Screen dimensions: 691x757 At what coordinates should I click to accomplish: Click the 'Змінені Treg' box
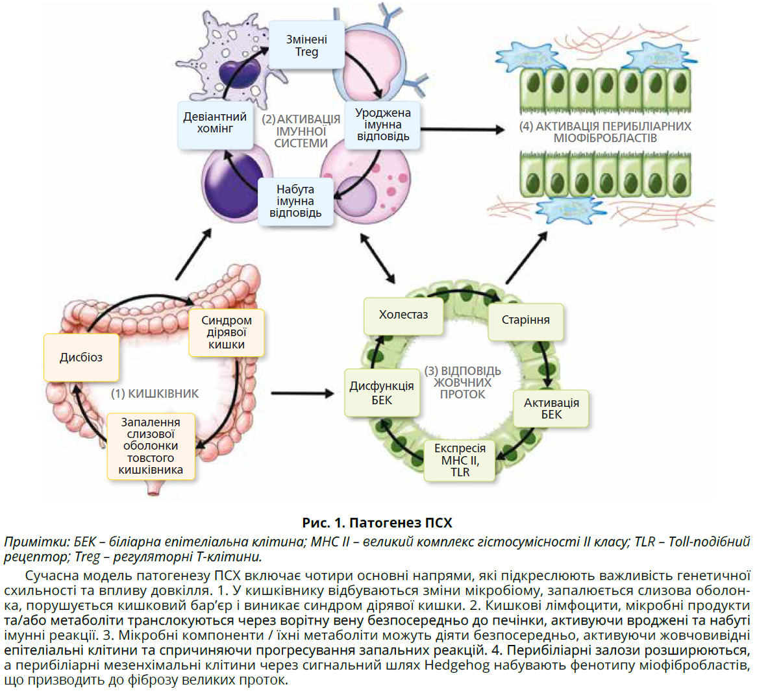point(306,45)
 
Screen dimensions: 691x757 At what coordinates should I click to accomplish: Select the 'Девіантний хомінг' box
point(215,123)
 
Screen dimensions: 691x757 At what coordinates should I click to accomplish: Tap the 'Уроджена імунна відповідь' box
point(382,124)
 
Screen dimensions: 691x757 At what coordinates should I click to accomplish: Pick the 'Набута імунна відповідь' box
point(295,201)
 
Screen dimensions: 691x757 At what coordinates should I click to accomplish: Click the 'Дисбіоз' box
point(81,358)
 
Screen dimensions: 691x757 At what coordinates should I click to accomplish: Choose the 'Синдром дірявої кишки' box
point(227,333)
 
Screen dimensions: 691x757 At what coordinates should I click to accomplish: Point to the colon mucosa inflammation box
point(151,446)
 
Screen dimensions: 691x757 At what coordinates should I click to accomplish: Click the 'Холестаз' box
point(403,315)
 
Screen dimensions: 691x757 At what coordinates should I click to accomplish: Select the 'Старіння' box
point(525,320)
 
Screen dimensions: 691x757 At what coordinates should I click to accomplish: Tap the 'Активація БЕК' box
point(551,409)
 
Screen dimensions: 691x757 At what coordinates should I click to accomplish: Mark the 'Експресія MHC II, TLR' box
point(460,461)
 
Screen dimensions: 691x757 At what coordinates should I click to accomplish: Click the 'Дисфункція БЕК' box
point(382,393)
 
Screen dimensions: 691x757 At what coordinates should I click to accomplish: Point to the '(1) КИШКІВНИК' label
point(155,394)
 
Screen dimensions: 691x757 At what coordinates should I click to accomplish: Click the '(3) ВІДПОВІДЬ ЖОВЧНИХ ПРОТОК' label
point(462,383)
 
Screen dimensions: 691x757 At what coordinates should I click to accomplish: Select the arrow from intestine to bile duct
point(302,393)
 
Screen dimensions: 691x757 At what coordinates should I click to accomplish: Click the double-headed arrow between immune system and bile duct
point(377,258)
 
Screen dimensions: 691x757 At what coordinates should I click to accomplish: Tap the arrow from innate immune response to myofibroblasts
point(462,129)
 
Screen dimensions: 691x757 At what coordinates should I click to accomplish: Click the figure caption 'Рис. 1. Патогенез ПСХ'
point(377,523)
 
